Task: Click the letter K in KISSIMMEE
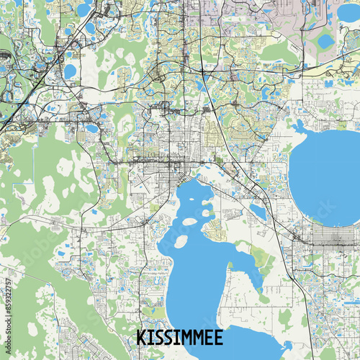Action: click(142, 338)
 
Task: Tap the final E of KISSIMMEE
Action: click(217, 338)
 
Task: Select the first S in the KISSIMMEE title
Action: click(159, 338)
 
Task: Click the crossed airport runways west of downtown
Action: click(142, 182)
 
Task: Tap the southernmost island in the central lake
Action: click(180, 241)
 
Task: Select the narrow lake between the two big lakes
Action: click(258, 211)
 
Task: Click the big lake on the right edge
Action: click(328, 176)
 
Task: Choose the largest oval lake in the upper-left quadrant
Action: click(70, 71)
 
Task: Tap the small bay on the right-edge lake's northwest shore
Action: click(298, 128)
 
